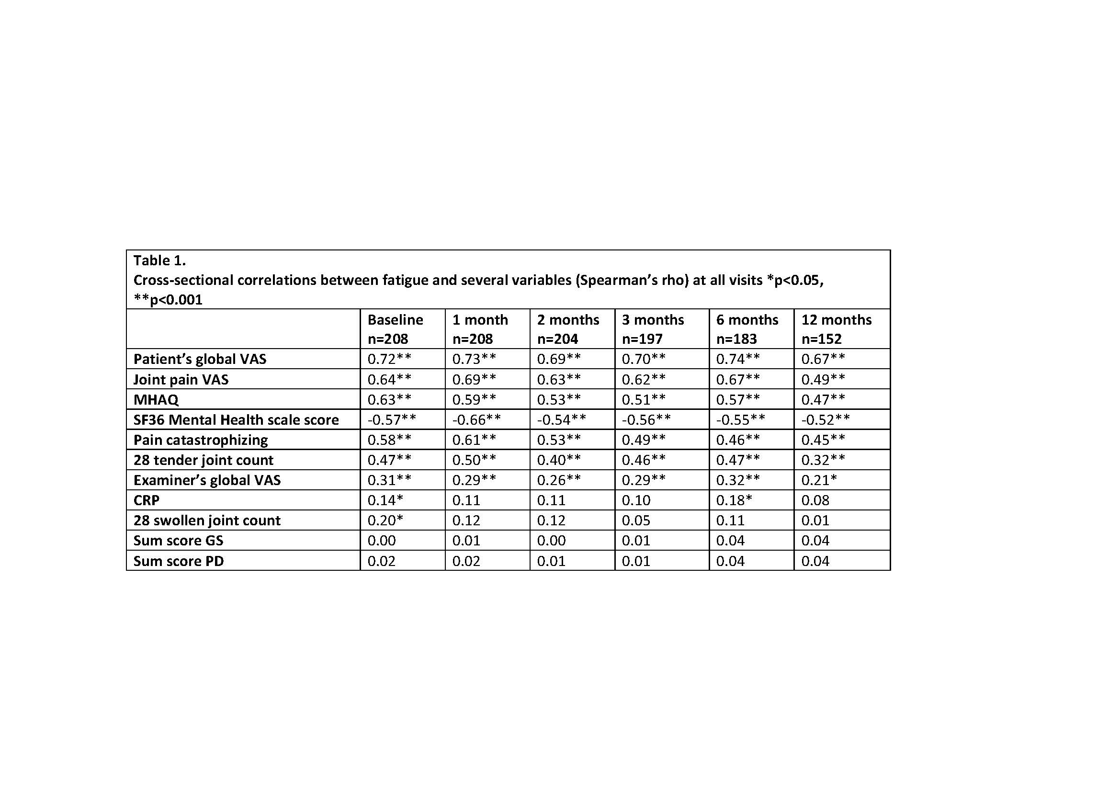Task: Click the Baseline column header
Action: tap(395, 329)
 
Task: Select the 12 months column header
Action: tap(836, 329)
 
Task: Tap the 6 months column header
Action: tap(747, 329)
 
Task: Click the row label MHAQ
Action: tap(156, 400)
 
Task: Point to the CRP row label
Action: tap(147, 500)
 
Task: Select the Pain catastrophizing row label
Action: tap(201, 440)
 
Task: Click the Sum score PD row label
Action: tap(179, 561)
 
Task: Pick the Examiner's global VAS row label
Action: tap(207, 480)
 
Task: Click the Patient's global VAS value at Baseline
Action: tap(389, 360)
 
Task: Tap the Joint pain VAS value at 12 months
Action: tap(823, 379)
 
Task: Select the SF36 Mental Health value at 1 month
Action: tap(476, 420)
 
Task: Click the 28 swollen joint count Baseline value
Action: tap(385, 520)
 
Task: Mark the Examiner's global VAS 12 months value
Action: tap(819, 480)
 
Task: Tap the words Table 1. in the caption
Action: tap(159, 260)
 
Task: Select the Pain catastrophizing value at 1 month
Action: tap(474, 440)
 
